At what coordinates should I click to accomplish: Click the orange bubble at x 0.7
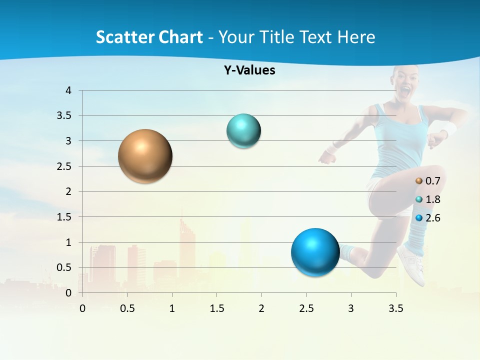145,156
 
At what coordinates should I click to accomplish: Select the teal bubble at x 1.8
243,131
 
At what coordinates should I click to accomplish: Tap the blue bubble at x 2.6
315,252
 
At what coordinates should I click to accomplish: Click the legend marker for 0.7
419,180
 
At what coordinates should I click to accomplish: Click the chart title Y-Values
249,70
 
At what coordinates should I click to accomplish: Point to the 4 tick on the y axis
69,90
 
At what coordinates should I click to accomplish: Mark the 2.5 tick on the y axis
65,166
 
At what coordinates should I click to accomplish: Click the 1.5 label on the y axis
65,217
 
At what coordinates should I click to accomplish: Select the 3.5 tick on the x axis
395,308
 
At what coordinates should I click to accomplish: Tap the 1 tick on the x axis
172,308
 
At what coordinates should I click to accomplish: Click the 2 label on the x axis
261,308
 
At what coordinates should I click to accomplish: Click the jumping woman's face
405,80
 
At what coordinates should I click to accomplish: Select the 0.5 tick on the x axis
127,308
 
